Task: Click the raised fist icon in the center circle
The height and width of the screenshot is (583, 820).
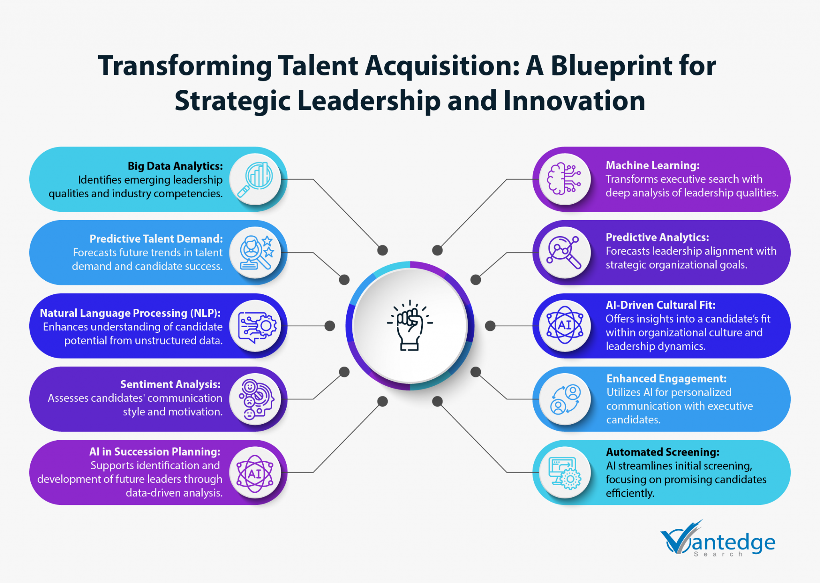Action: [410, 326]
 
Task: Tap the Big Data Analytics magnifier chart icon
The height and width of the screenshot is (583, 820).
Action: [255, 179]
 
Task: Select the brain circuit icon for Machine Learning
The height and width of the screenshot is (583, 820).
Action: [565, 179]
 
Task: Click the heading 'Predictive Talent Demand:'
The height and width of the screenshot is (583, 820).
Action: [156, 239]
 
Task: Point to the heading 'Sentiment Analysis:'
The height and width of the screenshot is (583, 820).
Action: [171, 384]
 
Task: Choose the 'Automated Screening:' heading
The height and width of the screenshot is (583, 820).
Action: [663, 452]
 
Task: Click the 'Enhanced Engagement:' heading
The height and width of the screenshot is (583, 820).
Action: [666, 379]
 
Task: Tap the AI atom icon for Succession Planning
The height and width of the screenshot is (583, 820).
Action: [255, 474]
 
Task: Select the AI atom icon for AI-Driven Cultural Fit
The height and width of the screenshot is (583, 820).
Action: [565, 325]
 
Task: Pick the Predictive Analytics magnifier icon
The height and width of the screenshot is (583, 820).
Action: [565, 253]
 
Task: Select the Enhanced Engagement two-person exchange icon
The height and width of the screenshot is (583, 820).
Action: [565, 399]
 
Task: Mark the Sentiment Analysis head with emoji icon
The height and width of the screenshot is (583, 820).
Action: [255, 399]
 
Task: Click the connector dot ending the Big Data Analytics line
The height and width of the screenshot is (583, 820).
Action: [383, 250]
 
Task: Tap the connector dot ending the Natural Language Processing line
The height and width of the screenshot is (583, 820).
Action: [330, 326]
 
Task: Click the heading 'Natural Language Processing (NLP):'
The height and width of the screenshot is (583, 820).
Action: [130, 313]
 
